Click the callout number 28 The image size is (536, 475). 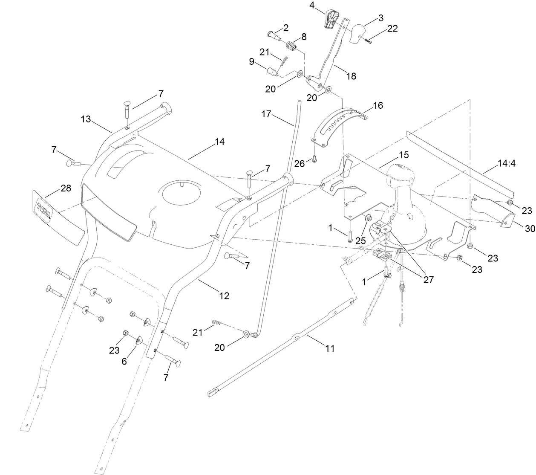coord(66,188)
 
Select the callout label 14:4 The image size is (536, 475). coord(506,163)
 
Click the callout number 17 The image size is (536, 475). coord(266,114)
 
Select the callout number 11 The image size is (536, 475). coord(329,348)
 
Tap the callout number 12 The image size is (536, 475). coord(224,295)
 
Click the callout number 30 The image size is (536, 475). coord(530,229)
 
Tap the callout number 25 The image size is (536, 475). coord(360,240)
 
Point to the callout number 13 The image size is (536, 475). coord(86,119)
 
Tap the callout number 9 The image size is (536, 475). coord(252,62)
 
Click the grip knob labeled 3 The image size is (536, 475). coord(358,33)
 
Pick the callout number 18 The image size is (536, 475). coord(351,76)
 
